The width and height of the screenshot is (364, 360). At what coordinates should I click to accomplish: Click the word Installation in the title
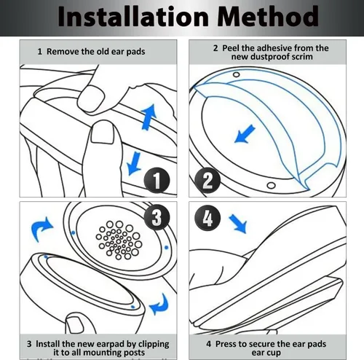pos(133,16)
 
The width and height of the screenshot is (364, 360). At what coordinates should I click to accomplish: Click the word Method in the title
pos(268,16)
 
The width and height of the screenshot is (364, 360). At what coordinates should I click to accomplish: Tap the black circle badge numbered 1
pos(157,181)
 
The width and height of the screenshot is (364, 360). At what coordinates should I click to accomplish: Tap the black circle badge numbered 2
pos(207,181)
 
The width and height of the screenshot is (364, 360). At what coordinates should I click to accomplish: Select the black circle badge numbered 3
pos(157,217)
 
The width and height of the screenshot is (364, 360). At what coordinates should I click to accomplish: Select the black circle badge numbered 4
pos(207,217)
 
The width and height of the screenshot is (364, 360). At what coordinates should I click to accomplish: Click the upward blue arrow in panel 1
pos(149,117)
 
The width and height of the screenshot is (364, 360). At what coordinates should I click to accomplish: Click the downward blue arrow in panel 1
pos(134,163)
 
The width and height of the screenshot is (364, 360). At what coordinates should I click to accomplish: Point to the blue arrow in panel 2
pos(245,133)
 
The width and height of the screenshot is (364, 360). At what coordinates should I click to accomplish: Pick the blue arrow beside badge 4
pos(238,224)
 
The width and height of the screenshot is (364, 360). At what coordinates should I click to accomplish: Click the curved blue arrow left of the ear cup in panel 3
pos(41,229)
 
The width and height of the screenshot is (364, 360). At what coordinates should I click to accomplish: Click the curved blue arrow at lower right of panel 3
pos(159,304)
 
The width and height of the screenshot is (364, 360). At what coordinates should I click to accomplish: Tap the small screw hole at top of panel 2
pos(236,74)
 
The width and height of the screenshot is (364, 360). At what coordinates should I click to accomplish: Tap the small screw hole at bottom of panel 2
pos(271,186)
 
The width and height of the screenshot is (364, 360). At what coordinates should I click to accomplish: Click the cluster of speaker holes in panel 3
pos(119,240)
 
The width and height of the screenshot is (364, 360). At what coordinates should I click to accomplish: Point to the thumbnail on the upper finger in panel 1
pos(92,98)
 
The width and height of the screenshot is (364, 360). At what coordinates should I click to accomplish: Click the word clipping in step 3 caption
pos(154,345)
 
